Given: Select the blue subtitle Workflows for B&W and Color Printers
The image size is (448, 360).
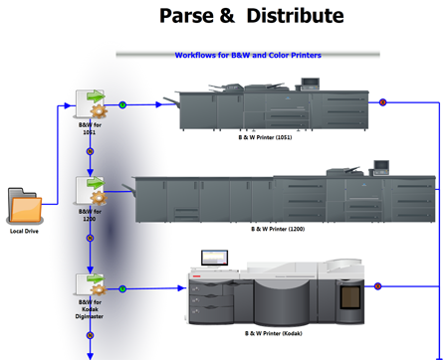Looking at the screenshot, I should point(248,56).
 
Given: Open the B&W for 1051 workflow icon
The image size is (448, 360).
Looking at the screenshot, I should point(91,104).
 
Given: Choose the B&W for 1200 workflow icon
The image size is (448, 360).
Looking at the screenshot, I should point(91,190).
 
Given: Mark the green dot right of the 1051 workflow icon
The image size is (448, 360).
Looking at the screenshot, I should point(122,103).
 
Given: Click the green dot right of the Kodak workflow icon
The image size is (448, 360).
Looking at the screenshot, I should point(122,288).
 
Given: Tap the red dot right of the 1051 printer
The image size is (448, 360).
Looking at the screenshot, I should point(383,101).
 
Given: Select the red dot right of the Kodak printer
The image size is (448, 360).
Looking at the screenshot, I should point(377,286).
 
